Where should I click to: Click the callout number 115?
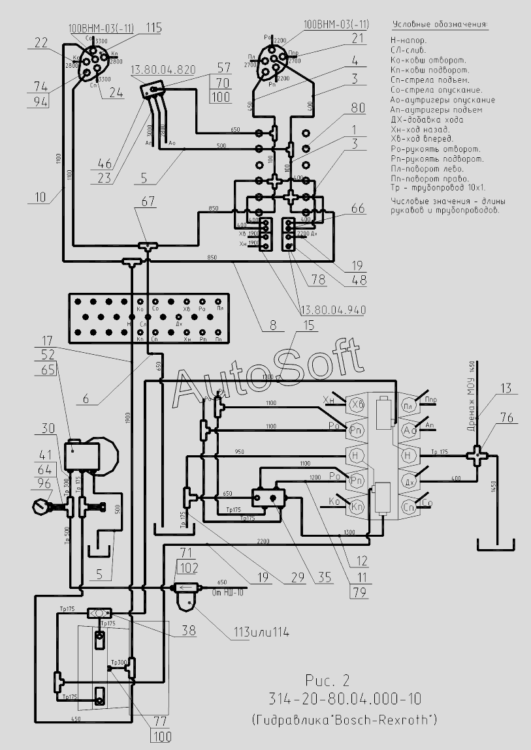tap(153, 27)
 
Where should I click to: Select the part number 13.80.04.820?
tap(163, 69)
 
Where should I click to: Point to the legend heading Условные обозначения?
tap(440, 25)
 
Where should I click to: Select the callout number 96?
tap(44, 484)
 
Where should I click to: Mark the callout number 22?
tap(41, 43)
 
